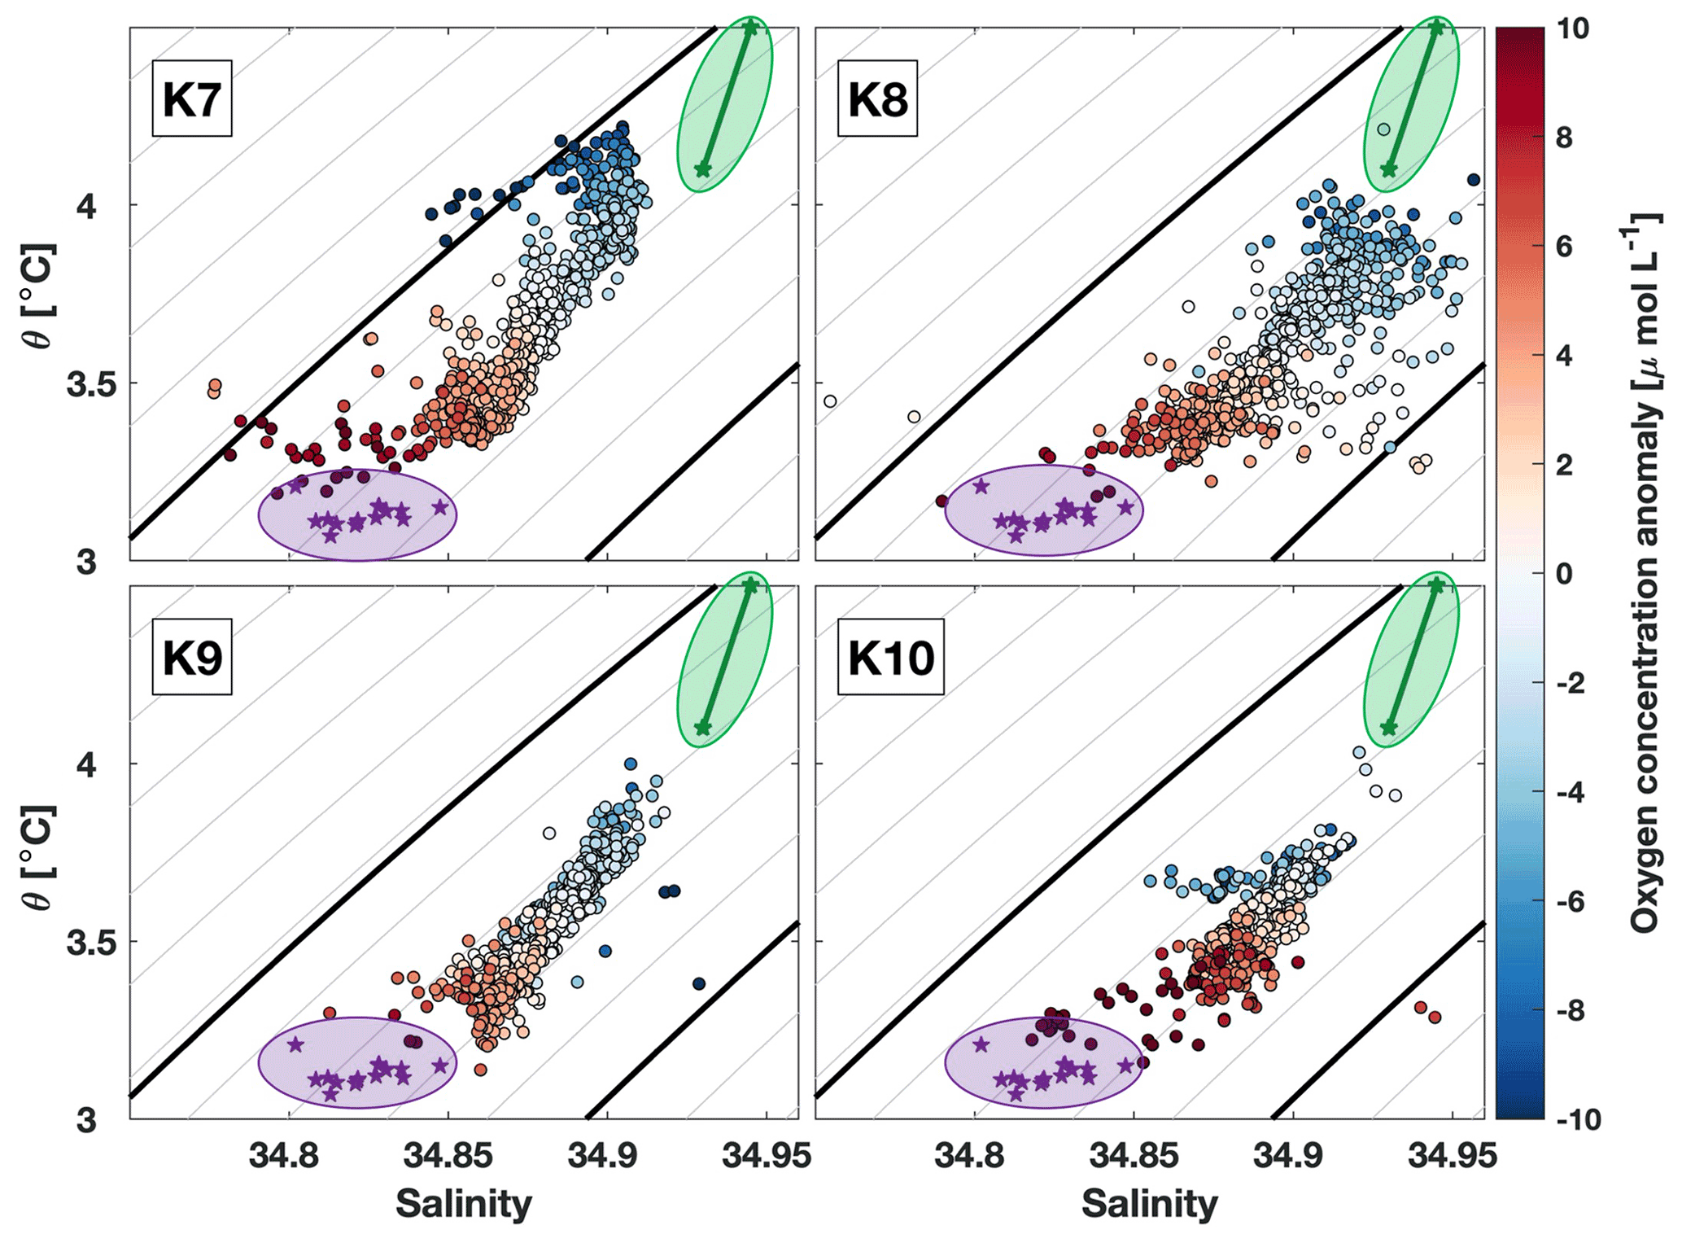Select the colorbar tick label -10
click(1576, 1119)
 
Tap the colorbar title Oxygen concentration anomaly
click(1645, 573)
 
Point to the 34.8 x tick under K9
click(288, 1157)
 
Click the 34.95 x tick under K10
click(1453, 1157)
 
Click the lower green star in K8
click(1389, 169)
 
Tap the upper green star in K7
click(750, 28)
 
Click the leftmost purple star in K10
click(981, 1044)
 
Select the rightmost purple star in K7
click(440, 507)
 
